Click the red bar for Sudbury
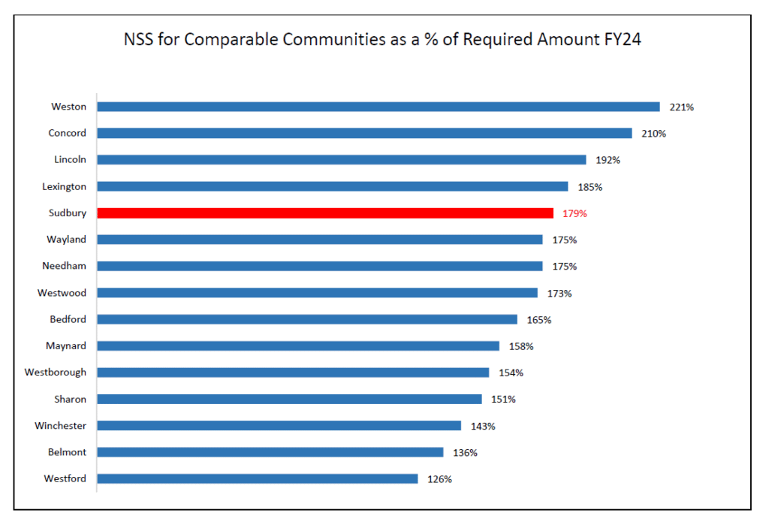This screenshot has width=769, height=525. tap(325, 213)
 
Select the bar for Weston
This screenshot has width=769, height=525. tap(378, 107)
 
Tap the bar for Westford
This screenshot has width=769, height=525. tap(257, 478)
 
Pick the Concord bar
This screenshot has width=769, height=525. tap(364, 133)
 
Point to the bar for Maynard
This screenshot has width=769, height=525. tap(297, 345)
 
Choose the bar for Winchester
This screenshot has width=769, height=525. tap(279, 426)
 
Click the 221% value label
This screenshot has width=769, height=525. tap(681, 107)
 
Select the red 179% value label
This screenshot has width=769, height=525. tap(574, 213)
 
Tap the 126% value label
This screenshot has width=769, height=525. tap(439, 479)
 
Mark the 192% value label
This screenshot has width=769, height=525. tap(608, 160)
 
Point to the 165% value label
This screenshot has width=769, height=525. tap(538, 320)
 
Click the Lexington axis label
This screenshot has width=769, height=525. tap(64, 186)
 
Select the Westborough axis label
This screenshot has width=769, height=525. tap(55, 373)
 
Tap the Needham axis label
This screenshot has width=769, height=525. tap(64, 266)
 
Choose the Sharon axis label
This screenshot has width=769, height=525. tap(70, 399)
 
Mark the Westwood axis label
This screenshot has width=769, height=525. tap(62, 293)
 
